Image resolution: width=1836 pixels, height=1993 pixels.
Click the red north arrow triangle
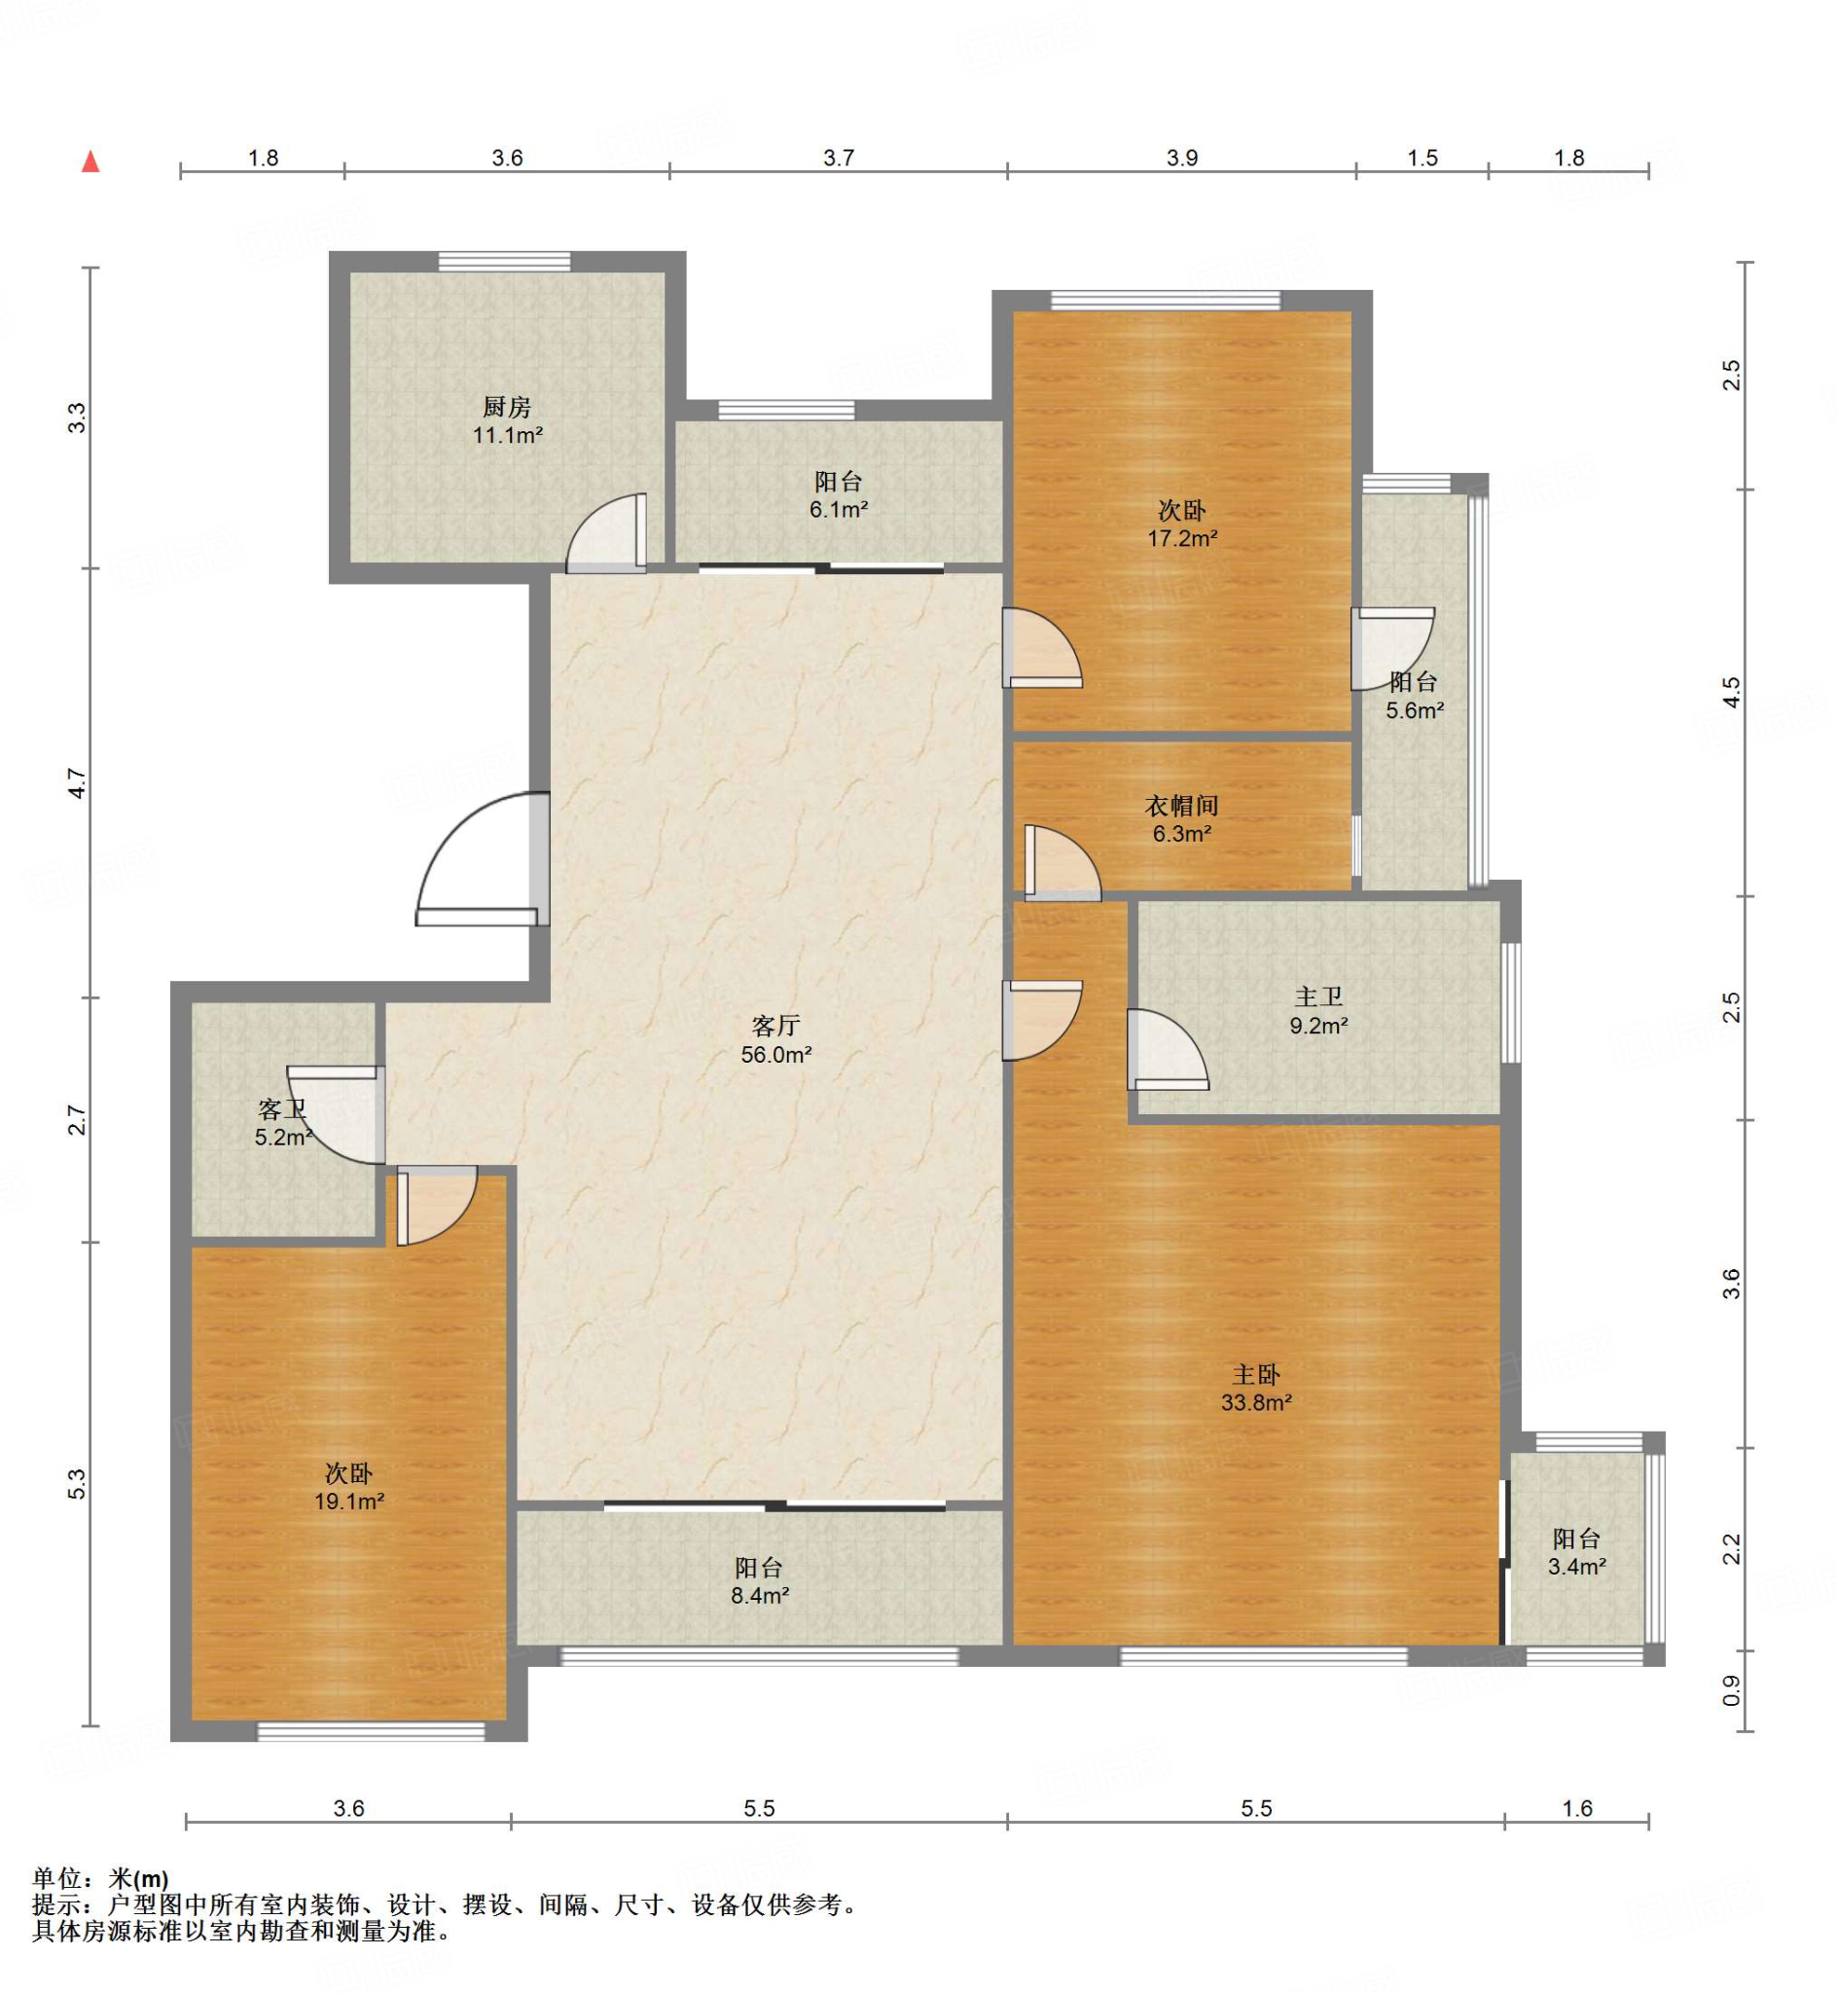click(x=90, y=161)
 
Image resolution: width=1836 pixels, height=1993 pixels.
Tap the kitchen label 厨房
click(x=507, y=407)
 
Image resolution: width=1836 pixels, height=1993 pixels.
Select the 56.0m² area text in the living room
click(x=775, y=1055)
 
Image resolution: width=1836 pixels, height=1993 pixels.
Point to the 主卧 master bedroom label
click(x=1256, y=1375)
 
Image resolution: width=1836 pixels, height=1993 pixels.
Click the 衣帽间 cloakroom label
click(x=1181, y=806)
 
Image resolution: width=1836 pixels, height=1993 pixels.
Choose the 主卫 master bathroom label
click(x=1318, y=997)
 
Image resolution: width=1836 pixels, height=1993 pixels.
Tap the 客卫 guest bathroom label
click(x=282, y=1108)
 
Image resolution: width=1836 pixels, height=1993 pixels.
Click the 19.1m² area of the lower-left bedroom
click(x=348, y=1502)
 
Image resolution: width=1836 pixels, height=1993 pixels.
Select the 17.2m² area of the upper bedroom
click(x=1182, y=538)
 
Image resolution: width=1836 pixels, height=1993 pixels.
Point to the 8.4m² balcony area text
click(x=760, y=1596)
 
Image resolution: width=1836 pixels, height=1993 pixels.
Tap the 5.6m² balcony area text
click(x=1415, y=710)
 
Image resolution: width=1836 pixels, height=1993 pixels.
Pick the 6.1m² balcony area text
click(x=839, y=510)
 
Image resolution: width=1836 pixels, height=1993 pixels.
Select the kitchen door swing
click(x=607, y=533)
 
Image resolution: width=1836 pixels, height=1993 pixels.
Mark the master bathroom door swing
click(x=1168, y=1049)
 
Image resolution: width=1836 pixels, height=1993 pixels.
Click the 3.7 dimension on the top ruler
click(x=839, y=158)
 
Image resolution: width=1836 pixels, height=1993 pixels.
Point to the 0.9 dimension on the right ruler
click(x=1731, y=1690)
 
